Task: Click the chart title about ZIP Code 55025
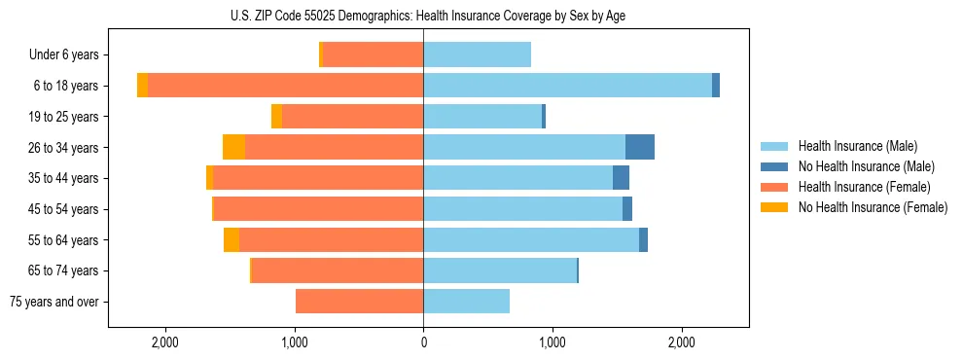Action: click(423, 16)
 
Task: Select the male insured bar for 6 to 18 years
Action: click(567, 86)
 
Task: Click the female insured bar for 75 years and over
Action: click(359, 302)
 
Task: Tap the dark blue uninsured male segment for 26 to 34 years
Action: click(639, 147)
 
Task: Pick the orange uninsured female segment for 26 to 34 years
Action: click(233, 147)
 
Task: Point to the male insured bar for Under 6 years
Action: click(477, 54)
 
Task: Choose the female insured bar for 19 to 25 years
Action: click(352, 117)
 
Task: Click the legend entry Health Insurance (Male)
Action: click(857, 146)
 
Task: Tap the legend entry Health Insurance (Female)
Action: click(864, 187)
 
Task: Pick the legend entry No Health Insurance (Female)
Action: click(873, 207)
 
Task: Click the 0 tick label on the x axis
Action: click(423, 343)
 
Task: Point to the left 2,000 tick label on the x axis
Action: click(164, 343)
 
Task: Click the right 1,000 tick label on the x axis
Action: click(552, 343)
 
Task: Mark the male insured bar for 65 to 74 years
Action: click(500, 270)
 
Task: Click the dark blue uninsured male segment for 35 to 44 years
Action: click(621, 178)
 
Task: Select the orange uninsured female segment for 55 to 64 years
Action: click(232, 239)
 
